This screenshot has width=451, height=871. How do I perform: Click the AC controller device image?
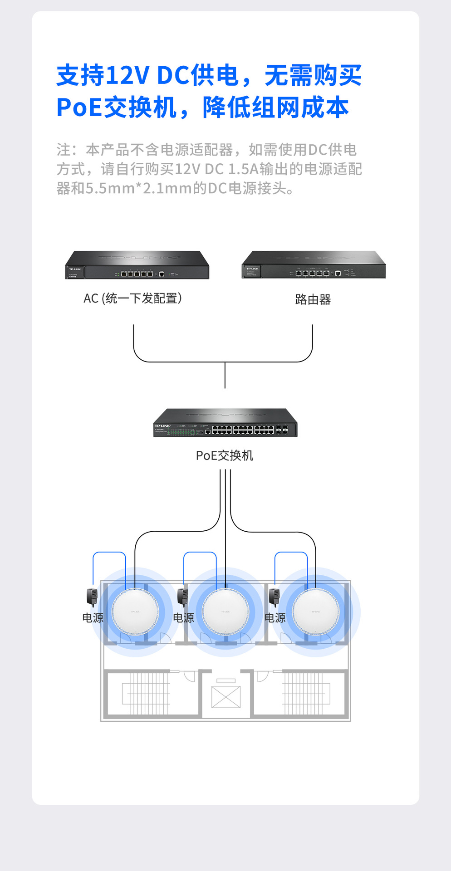coord(137,266)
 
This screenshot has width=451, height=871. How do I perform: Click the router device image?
coord(314,265)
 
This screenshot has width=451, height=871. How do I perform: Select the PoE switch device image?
coord(225,423)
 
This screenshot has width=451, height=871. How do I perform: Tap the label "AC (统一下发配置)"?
coord(133,298)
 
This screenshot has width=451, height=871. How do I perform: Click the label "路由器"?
coord(313,299)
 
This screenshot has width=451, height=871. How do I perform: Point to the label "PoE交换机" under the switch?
coord(225,455)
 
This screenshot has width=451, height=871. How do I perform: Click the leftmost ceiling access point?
coord(135,612)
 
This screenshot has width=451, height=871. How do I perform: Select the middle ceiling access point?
coord(225,612)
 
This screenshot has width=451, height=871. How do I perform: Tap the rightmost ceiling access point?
coord(315,612)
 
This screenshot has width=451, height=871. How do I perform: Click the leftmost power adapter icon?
coord(92,597)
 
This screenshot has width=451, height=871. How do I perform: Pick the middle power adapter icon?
coord(182,597)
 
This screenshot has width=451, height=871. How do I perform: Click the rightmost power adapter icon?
coord(274,597)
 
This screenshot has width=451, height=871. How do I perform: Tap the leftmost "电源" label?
coord(93,618)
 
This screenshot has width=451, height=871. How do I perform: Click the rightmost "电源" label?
coord(275,618)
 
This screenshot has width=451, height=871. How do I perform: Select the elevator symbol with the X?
coord(226,697)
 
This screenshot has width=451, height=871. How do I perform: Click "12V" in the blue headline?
coord(127,75)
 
